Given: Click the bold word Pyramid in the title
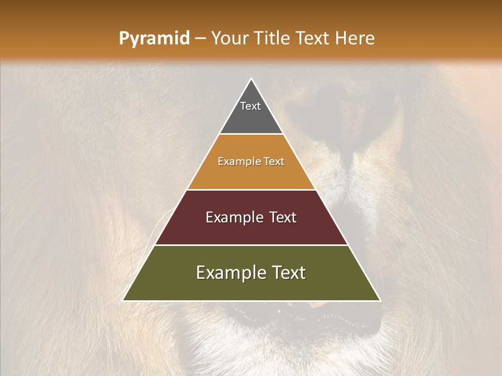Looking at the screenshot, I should pyautogui.click(x=154, y=39).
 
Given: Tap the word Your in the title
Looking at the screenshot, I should pyautogui.click(x=228, y=39).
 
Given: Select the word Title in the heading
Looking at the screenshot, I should pyautogui.click(x=271, y=39).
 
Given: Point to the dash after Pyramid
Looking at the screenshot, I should pyautogui.click(x=200, y=39).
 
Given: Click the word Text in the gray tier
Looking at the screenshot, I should pyautogui.click(x=250, y=106).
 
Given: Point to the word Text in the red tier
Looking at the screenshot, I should pyautogui.click(x=283, y=217).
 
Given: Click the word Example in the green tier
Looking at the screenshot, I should pyautogui.click(x=231, y=273).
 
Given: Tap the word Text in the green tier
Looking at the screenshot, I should pyautogui.click(x=289, y=273).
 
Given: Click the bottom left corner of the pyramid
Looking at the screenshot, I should pyautogui.click(x=123, y=300).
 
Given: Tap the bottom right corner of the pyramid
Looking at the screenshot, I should pyautogui.click(x=380, y=300).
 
